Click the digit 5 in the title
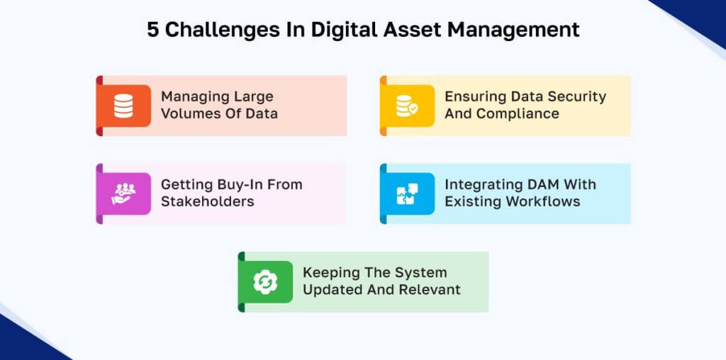coord(153,30)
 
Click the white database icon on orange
coord(123,106)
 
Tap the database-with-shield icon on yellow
coord(407,106)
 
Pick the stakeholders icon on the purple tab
coord(123,194)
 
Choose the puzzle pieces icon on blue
coord(408,194)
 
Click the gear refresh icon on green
coord(265,282)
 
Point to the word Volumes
coord(190,114)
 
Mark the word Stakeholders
coord(208,202)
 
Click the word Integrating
coord(480,185)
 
